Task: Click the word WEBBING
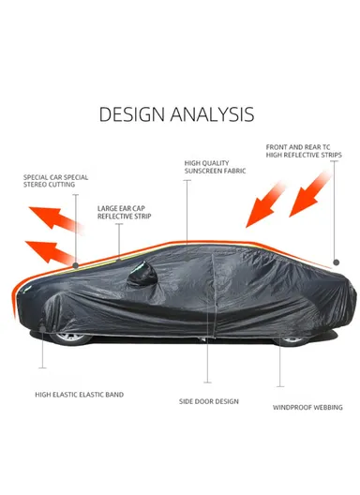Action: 323,407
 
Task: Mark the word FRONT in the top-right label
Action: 277,147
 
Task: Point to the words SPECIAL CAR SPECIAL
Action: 56,177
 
